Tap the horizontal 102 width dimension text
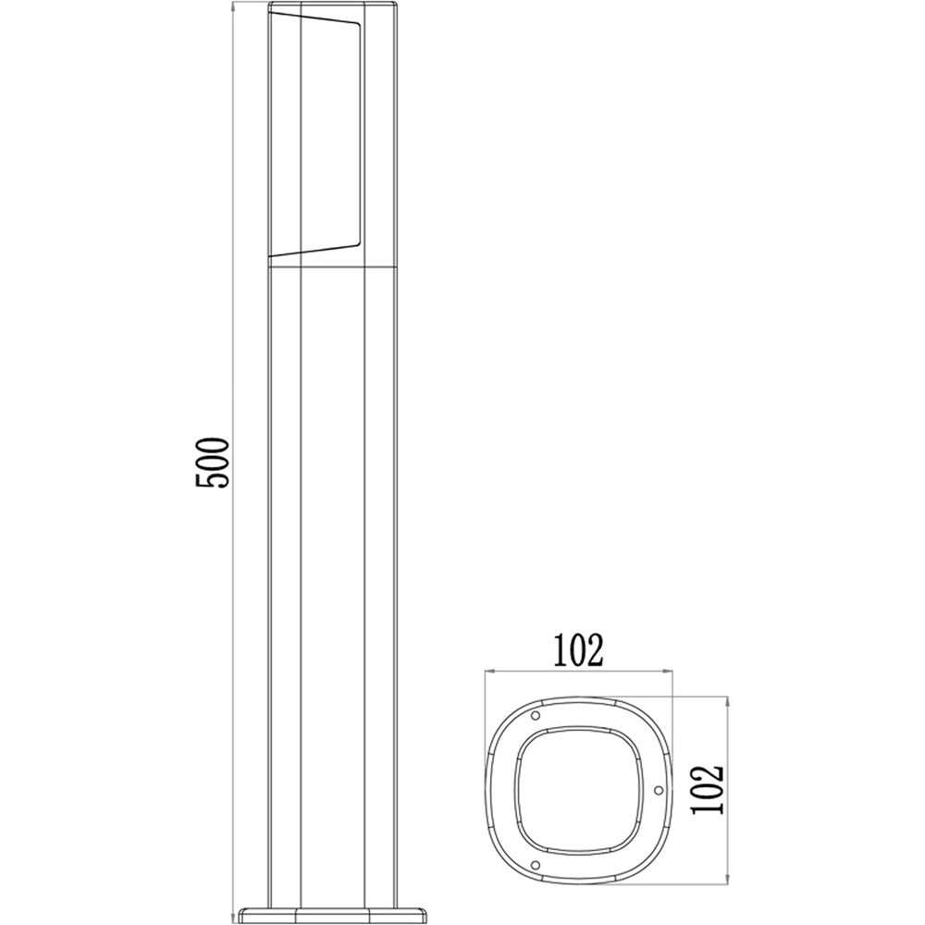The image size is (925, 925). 578,650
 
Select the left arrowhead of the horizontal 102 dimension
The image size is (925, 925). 491,672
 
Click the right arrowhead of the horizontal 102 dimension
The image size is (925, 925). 669,672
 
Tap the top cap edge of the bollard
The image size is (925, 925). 332,8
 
